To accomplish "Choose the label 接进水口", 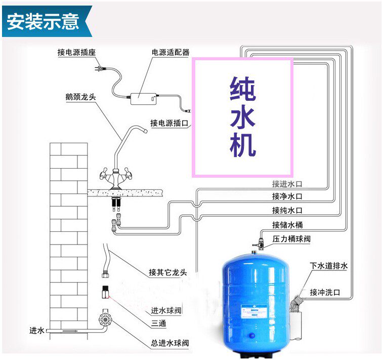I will pyautogui.click(x=287, y=184).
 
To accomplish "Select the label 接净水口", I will pyautogui.click(x=287, y=196).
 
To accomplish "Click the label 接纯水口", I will pyautogui.click(x=287, y=210).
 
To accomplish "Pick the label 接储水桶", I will pyautogui.click(x=287, y=224).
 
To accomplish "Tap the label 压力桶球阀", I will pyautogui.click(x=291, y=239).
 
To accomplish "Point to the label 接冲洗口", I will pyautogui.click(x=325, y=292).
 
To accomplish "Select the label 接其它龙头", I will pyautogui.click(x=167, y=272).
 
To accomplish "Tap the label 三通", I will pyautogui.click(x=159, y=324).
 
